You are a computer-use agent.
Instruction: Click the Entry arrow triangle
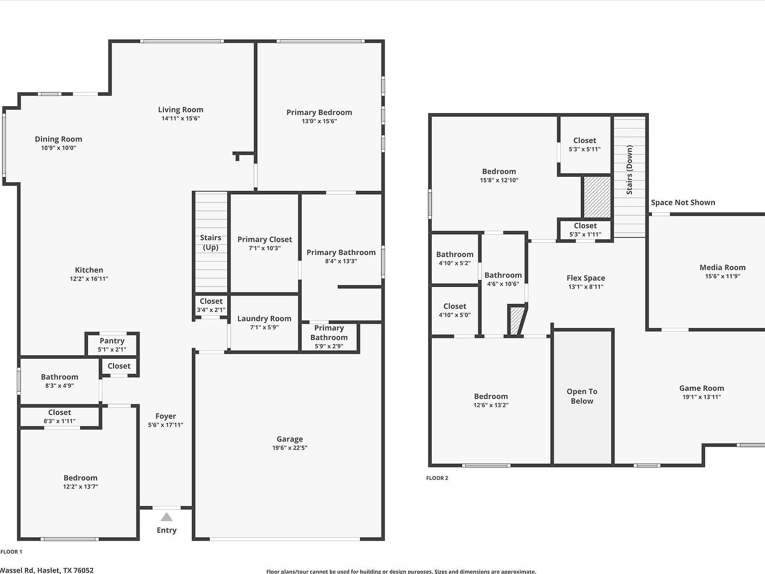click(167, 517)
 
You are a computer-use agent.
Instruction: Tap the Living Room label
click(180, 110)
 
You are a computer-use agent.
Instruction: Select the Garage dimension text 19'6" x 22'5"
click(289, 447)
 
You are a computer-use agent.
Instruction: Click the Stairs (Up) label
click(211, 243)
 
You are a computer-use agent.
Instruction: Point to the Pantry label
click(112, 341)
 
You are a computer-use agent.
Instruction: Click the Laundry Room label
click(264, 318)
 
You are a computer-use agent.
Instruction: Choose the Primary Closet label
click(264, 239)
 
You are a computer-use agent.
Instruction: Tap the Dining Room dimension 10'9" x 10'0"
click(58, 148)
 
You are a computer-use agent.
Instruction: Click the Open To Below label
click(582, 396)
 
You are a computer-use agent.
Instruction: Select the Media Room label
click(722, 268)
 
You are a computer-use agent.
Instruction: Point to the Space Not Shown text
click(683, 202)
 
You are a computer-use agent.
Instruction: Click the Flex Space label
click(586, 278)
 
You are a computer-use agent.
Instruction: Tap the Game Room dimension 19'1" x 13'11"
click(701, 397)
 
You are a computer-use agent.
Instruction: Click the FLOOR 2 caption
click(437, 478)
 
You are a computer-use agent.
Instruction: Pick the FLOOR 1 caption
click(11, 552)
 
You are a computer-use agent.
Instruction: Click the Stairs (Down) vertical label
click(630, 170)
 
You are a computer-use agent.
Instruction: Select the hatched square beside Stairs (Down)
click(597, 197)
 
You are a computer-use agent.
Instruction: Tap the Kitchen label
click(89, 270)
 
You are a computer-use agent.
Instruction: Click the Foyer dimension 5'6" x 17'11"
click(165, 425)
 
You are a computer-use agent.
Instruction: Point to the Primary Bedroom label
click(319, 113)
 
